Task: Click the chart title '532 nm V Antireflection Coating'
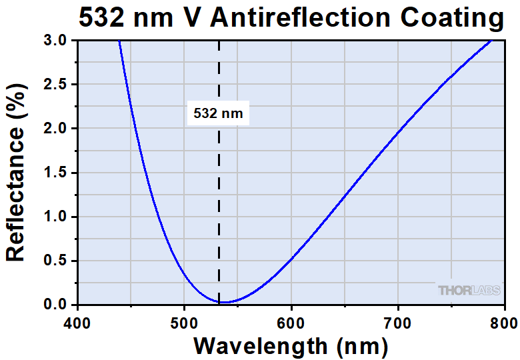[291, 18]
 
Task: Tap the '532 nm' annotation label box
[219, 113]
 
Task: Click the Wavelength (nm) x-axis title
[291, 346]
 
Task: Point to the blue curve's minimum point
[224, 303]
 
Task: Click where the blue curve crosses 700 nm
[398, 131]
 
